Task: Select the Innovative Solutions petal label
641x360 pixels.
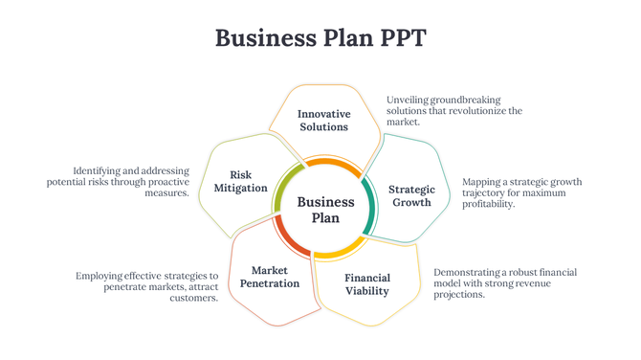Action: [x=323, y=121]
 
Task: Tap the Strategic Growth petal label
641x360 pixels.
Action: [x=411, y=195]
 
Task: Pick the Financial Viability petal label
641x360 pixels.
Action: [x=367, y=284]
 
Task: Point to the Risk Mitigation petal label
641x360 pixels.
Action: [x=241, y=181]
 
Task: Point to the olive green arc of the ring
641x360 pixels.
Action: [x=279, y=192]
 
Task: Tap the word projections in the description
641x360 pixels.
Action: [x=459, y=295]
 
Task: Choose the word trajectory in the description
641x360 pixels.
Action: [x=485, y=192]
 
